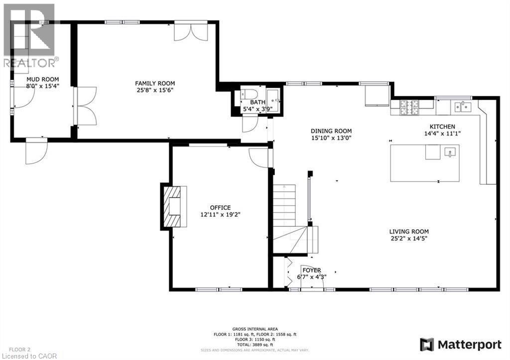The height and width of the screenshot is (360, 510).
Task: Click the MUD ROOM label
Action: click(43, 79)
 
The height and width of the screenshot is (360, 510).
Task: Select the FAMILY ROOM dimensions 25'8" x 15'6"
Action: click(155, 90)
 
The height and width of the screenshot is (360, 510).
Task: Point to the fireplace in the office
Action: click(174, 206)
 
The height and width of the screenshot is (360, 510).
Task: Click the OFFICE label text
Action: click(220, 208)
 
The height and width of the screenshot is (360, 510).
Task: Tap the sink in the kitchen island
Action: click(450, 151)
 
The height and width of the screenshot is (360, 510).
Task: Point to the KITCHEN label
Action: click(440, 126)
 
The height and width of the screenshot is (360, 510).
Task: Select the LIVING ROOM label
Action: click(409, 231)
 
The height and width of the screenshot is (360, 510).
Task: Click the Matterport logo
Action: click(461, 344)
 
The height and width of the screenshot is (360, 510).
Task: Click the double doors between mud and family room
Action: click(85, 107)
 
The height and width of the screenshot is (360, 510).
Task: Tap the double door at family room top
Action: click(191, 31)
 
